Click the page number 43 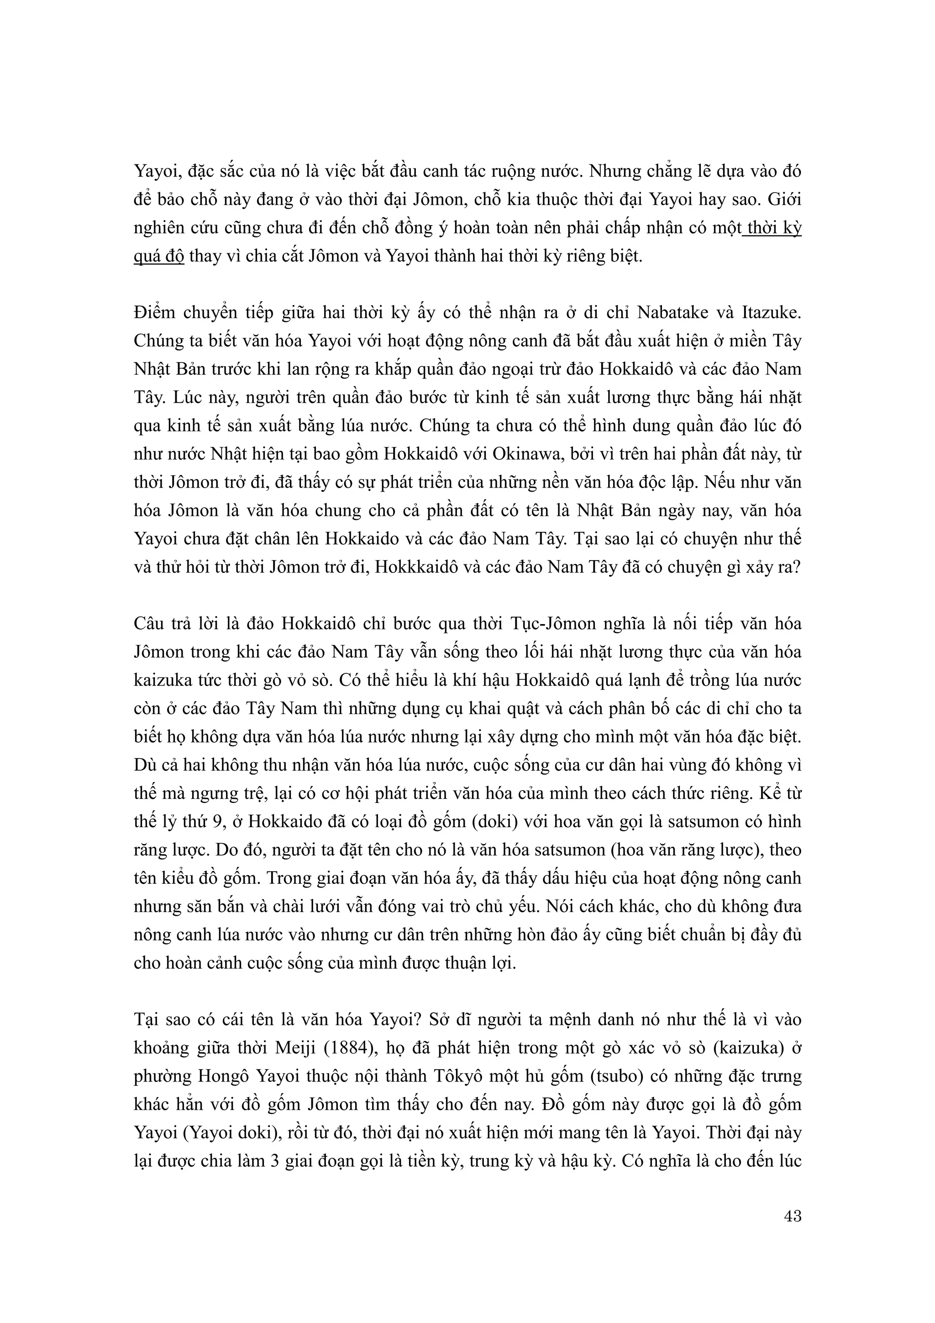[793, 1216]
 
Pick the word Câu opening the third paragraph [149, 624]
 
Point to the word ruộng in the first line [512, 172]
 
